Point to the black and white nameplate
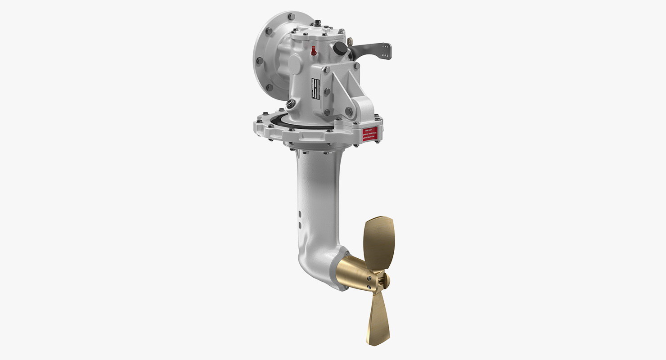315,90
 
